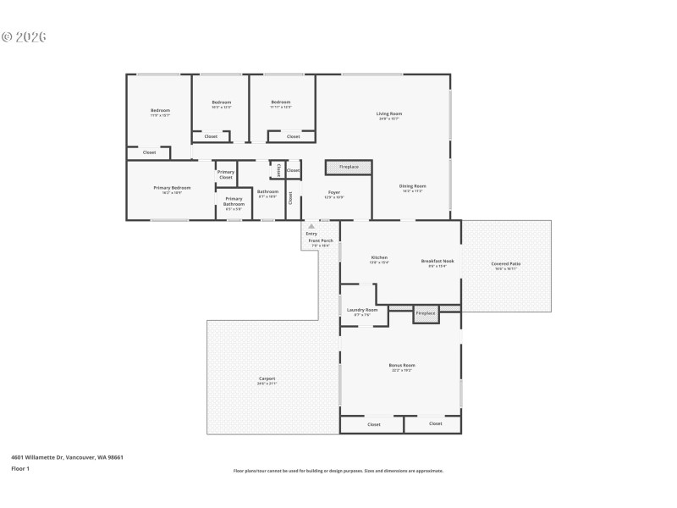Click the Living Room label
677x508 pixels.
pos(389,113)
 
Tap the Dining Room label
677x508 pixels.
pos(413,186)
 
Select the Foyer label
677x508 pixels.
pos(334,193)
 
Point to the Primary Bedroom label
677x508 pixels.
pos(172,187)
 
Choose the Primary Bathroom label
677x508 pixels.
pos(234,202)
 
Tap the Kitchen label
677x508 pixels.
pos(379,257)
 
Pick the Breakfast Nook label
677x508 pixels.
pos(438,261)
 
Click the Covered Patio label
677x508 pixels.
pos(506,264)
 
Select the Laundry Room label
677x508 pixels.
pos(361,310)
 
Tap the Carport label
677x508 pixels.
pos(267,378)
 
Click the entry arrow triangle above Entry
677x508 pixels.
pos(311,226)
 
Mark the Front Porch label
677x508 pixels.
pos(321,241)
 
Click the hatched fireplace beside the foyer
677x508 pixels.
pos(349,167)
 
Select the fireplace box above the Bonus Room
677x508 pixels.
pos(426,313)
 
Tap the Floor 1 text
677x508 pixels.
pos(20,468)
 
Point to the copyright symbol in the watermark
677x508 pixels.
pos(7,37)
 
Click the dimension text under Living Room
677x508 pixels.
pos(389,119)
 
